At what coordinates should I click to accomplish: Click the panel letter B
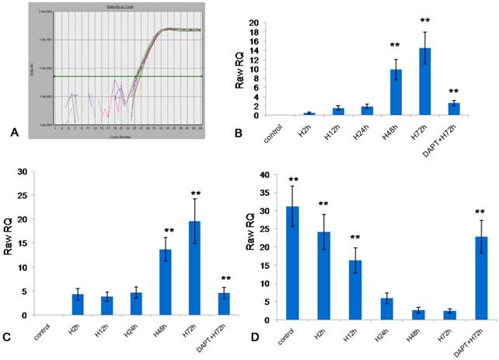tap(249, 134)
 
